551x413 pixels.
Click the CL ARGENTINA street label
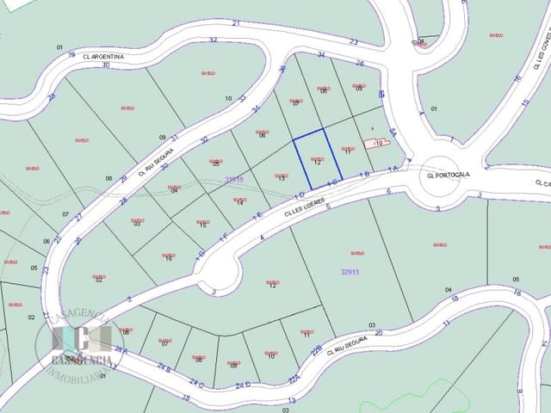[x=106, y=56]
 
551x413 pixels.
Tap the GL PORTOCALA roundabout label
[x=448, y=174]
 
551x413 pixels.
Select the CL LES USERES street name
[x=305, y=206]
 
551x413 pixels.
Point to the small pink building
[x=381, y=142]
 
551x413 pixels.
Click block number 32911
[x=350, y=271]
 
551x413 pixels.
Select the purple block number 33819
[x=233, y=179]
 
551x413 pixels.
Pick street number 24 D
[x=242, y=385]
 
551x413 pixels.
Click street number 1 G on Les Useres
[x=200, y=254]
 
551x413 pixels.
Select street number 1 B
[x=364, y=175]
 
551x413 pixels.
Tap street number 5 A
[x=392, y=131]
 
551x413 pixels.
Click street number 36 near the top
[x=360, y=63]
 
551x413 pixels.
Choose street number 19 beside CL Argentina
[x=72, y=53]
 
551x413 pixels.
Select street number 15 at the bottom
[x=186, y=398]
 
